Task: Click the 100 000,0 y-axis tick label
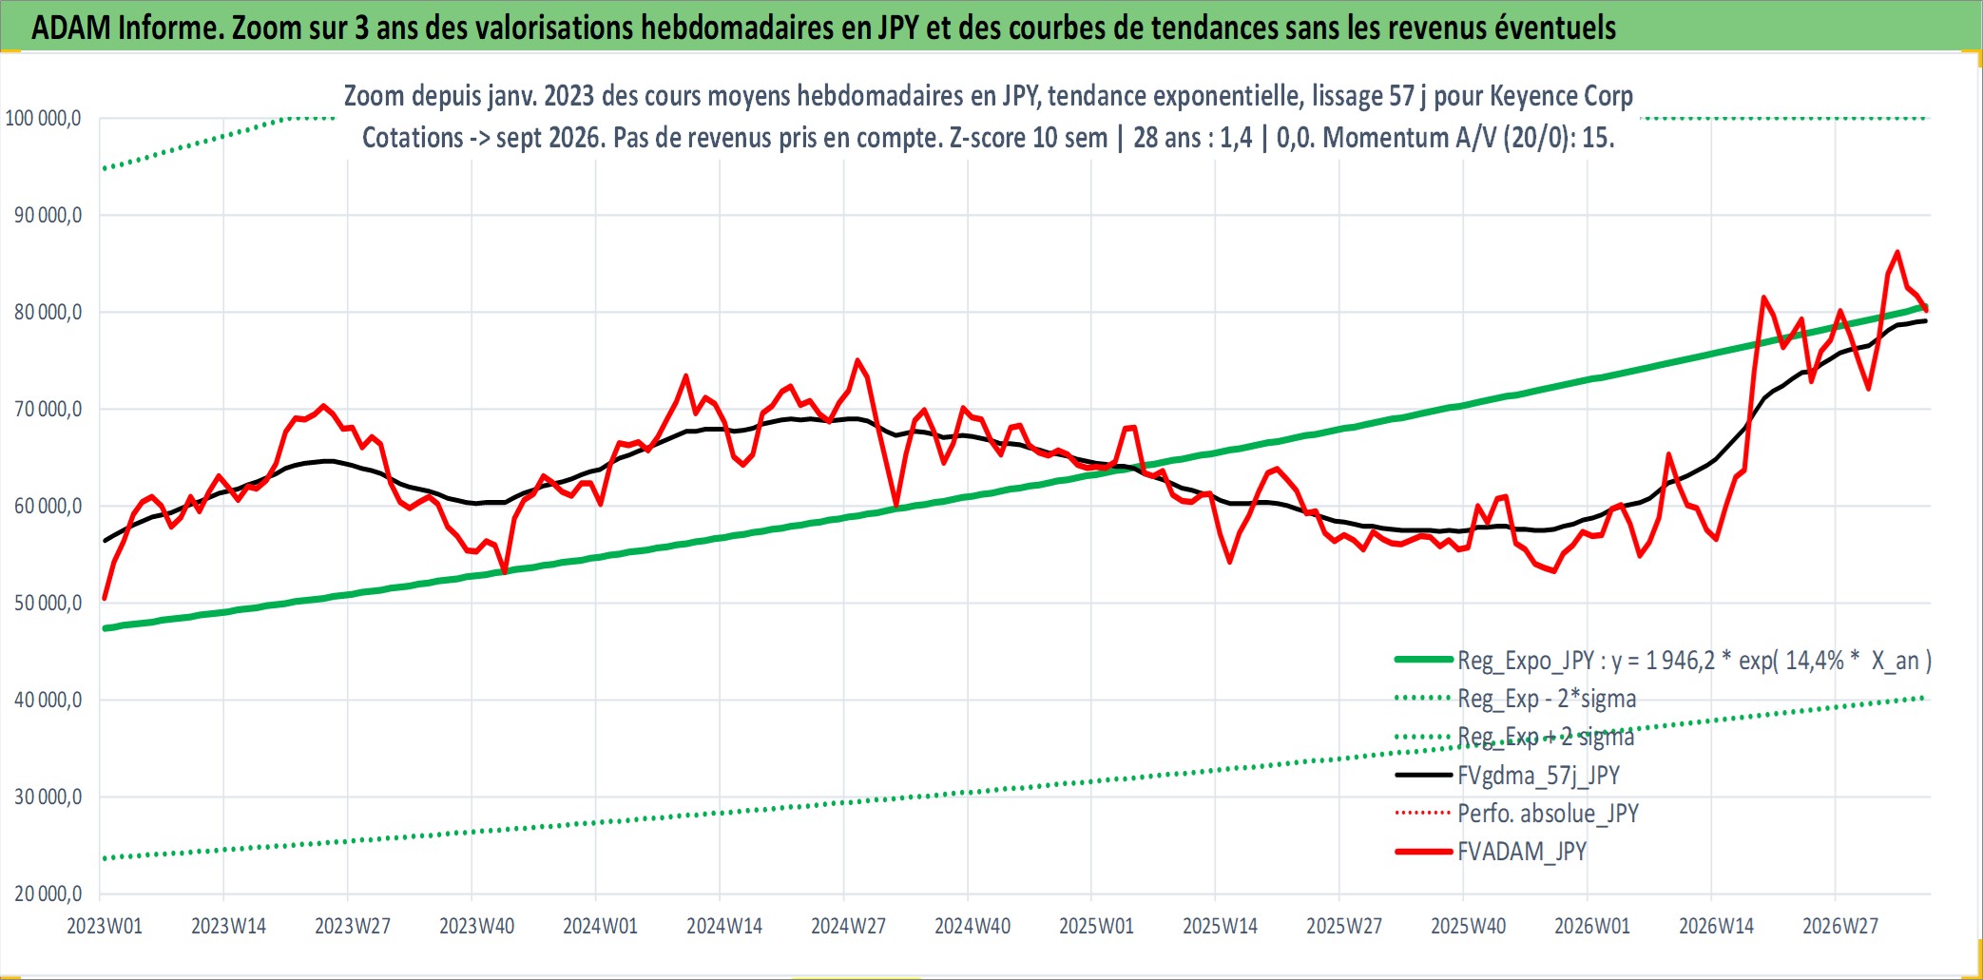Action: click(44, 119)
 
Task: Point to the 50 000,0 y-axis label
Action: click(48, 604)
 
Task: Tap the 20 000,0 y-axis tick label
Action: click(48, 894)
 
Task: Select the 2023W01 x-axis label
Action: click(105, 926)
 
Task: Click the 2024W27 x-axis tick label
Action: click(848, 926)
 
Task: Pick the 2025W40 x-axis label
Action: click(1469, 926)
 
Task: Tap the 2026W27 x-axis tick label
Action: click(1840, 926)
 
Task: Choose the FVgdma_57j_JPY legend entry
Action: click(1508, 776)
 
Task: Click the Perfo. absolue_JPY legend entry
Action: click(1517, 814)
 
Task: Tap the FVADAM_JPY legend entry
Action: click(1491, 852)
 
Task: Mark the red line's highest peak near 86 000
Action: click(1897, 252)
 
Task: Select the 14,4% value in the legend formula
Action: click(1815, 661)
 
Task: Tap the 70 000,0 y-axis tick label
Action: click(48, 410)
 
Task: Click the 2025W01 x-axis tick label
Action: click(1096, 926)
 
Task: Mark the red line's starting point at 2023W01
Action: click(105, 599)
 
